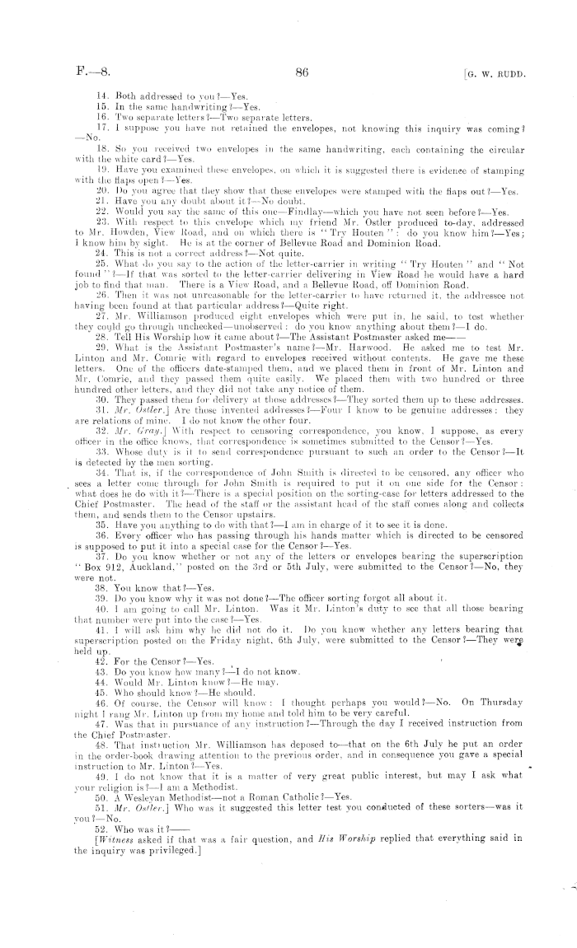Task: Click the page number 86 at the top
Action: click(300, 73)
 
